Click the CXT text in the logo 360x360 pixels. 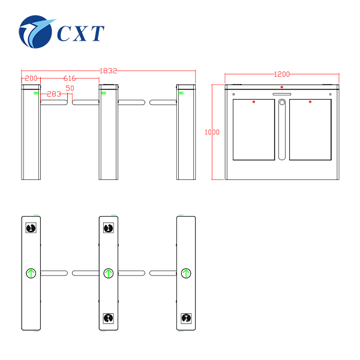click(x=80, y=33)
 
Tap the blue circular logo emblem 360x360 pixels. click(x=35, y=32)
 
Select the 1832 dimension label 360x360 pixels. click(x=109, y=71)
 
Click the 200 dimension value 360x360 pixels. click(x=31, y=78)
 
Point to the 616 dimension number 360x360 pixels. click(x=70, y=78)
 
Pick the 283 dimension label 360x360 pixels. click(x=54, y=94)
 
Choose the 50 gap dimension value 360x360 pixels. click(x=70, y=88)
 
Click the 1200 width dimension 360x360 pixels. click(x=282, y=74)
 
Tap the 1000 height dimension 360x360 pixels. click(x=212, y=132)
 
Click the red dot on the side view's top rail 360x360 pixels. click(x=282, y=87)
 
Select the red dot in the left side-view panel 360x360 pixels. click(x=254, y=102)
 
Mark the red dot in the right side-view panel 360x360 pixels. click(x=310, y=102)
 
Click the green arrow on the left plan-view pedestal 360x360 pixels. click(x=31, y=273)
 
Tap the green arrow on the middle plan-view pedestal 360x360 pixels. click(x=109, y=273)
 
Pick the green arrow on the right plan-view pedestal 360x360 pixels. click(x=186, y=273)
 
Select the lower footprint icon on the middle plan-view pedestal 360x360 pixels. click(x=109, y=318)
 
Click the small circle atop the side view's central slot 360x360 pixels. click(x=282, y=102)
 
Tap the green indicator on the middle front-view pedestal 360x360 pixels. click(x=103, y=93)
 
